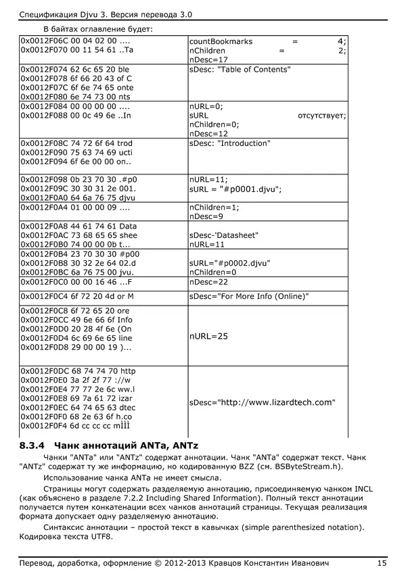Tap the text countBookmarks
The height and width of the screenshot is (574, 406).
(x=221, y=41)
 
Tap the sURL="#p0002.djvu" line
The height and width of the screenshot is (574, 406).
(x=229, y=262)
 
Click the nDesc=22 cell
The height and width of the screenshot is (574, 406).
(x=209, y=281)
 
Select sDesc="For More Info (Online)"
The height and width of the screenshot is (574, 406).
(x=249, y=296)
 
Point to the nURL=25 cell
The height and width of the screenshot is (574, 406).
(x=209, y=336)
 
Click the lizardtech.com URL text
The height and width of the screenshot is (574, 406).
(x=263, y=402)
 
